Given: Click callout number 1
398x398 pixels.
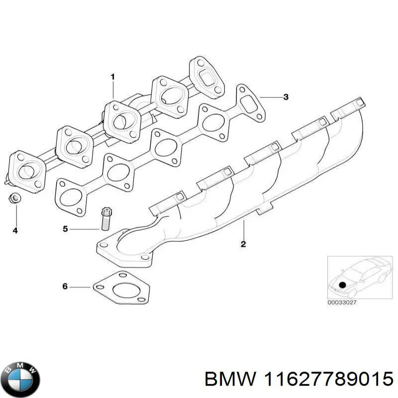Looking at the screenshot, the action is (113, 77).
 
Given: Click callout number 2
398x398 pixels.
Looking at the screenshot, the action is (243, 244).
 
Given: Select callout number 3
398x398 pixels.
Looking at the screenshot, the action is (286, 97).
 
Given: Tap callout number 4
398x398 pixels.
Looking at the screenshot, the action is (15, 230).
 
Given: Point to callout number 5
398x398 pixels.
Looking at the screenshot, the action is (66, 229).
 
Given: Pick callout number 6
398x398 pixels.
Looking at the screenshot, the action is (65, 287).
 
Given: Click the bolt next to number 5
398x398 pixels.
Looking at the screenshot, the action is (106, 219).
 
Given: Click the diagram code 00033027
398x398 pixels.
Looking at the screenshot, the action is (342, 302).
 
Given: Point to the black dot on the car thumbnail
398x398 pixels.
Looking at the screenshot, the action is (342, 285).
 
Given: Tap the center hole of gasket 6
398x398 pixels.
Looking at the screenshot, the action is (123, 290).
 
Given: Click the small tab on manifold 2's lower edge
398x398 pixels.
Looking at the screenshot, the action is (264, 210).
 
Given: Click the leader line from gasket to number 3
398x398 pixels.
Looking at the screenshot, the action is (270, 97).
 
